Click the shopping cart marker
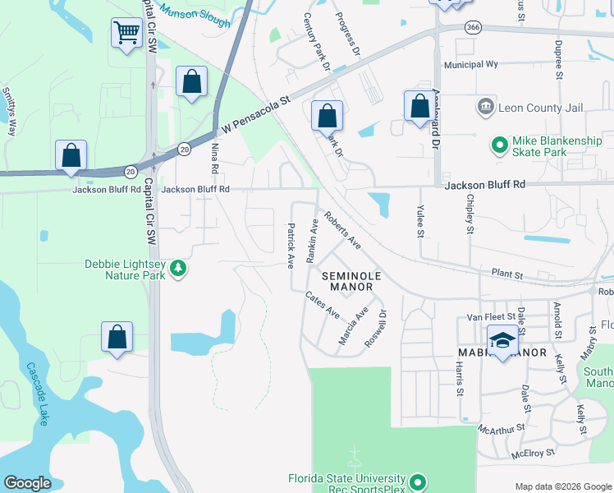coord(126,35)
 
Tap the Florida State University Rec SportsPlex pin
coord(418,481)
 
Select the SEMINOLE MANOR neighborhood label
coord(346,281)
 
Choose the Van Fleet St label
coord(490,316)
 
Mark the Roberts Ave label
coord(342,232)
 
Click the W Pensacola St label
coord(257,117)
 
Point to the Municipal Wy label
coord(470,64)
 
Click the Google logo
coord(27,483)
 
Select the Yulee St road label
coord(420,221)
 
